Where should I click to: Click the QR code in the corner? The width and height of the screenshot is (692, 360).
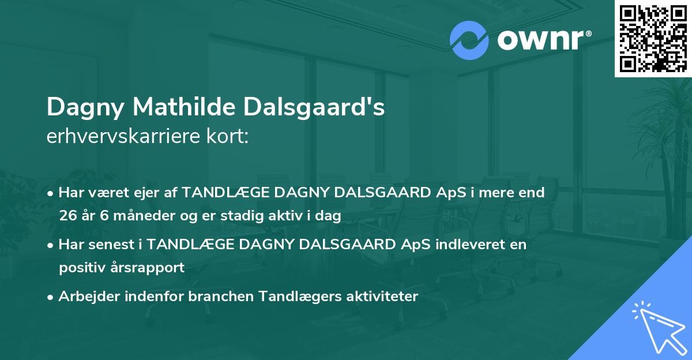point(653,38)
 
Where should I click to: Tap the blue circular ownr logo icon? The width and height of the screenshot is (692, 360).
point(469,40)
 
